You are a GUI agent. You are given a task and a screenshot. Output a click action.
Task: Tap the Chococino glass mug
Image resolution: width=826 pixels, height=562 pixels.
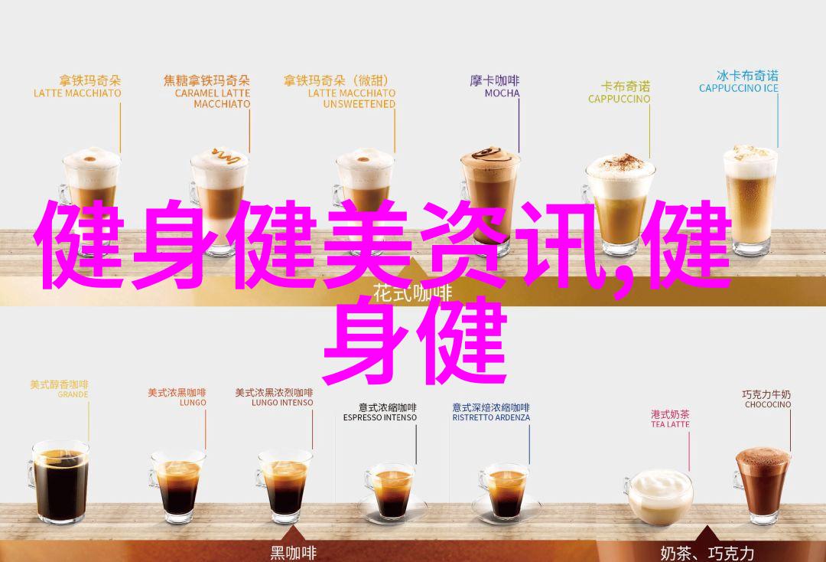762,482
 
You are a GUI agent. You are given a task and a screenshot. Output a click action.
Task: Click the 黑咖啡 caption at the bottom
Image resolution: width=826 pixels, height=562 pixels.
294,553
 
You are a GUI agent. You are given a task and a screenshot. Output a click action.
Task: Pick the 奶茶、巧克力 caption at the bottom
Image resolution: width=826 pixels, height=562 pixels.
707,553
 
